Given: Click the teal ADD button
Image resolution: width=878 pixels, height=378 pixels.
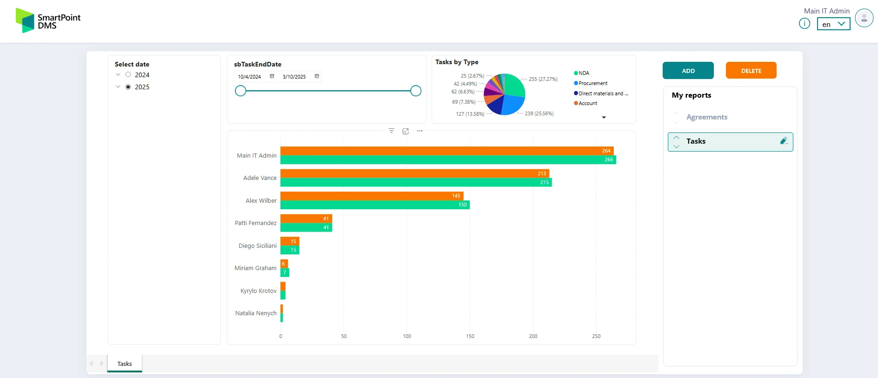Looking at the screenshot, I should click(688, 71).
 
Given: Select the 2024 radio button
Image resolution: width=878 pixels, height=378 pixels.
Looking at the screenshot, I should click(128, 75).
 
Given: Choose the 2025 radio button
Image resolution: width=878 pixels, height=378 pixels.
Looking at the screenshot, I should click(128, 87).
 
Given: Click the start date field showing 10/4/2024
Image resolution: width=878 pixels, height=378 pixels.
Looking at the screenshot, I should click(250, 77).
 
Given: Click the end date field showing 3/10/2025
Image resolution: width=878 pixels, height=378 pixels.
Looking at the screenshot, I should click(294, 77).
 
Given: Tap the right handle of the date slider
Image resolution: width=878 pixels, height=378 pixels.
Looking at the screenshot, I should click(416, 91).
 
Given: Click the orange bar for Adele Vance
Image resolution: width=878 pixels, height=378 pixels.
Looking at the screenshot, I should click(414, 173).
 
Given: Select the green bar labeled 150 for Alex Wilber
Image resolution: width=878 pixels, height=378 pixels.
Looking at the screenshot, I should click(374, 205).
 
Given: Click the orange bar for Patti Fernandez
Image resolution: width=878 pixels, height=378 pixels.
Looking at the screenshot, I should click(306, 219).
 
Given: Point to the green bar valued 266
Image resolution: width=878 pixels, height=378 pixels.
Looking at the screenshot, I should click(447, 159).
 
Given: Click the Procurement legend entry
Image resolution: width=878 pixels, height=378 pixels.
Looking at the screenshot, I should click(592, 83).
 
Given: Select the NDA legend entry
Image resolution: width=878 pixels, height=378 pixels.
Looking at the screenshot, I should click(583, 73).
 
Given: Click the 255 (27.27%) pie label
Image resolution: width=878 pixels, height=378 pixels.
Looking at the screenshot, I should click(543, 79).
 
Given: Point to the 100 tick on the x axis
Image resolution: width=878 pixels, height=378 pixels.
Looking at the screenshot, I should click(407, 336).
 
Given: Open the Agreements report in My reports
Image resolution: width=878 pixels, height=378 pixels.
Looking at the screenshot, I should click(706, 117).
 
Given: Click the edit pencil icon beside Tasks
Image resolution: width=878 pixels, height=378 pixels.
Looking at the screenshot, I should click(784, 141).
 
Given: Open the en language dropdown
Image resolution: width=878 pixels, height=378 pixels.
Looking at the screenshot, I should click(833, 24).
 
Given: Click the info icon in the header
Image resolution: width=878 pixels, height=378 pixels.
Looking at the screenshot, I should click(805, 23).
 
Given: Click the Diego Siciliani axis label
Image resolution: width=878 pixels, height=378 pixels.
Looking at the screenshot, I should click(257, 245).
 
